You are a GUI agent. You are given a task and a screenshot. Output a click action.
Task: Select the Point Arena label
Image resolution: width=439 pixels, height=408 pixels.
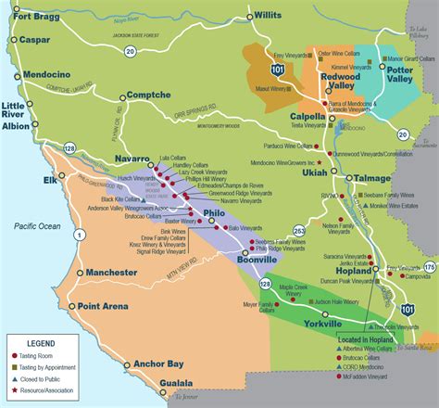103,306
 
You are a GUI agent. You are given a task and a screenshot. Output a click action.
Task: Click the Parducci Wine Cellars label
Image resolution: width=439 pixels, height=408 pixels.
284,146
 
